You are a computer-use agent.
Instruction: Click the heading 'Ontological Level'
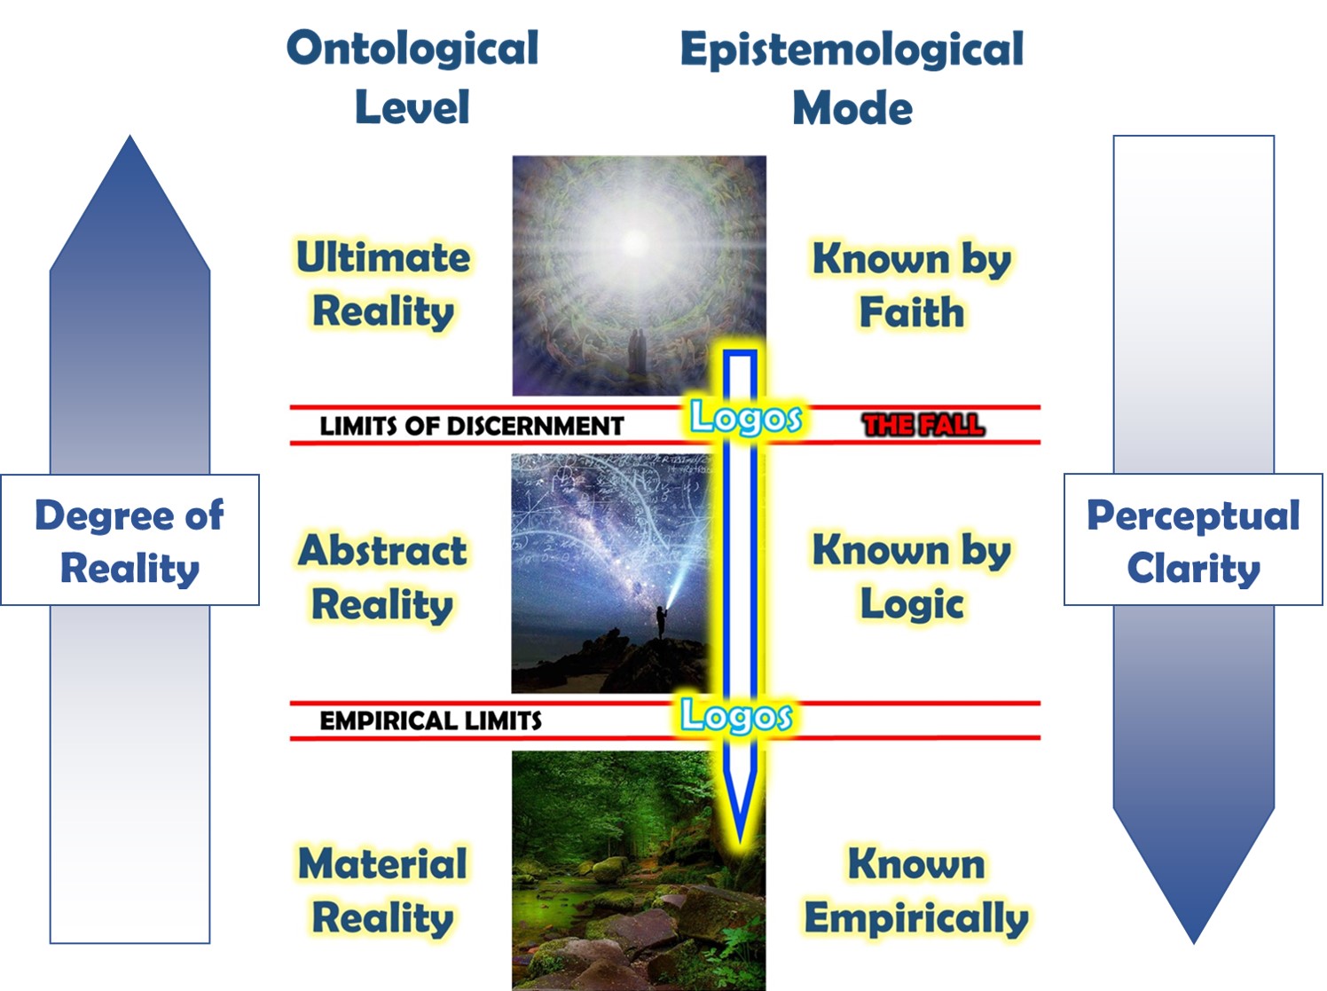tap(412, 77)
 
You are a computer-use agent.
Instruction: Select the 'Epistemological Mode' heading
tap(852, 77)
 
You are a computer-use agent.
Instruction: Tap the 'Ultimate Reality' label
tap(383, 284)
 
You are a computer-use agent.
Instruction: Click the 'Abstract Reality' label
tap(382, 577)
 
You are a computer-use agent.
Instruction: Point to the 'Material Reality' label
tap(382, 890)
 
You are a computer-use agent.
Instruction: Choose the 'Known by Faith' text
tap(912, 284)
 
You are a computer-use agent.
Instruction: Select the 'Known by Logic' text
tap(912, 577)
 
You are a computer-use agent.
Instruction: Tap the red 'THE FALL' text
tap(923, 425)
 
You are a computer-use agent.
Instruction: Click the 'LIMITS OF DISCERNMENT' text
tap(472, 426)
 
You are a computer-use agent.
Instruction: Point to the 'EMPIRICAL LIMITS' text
tap(430, 720)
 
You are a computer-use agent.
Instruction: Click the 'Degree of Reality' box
tap(130, 540)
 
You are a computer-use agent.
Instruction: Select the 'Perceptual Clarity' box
tap(1193, 540)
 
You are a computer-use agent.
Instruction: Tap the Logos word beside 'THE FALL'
tap(746, 417)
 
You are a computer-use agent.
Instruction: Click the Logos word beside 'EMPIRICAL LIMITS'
tap(736, 716)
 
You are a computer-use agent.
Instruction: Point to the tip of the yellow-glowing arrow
tap(740, 843)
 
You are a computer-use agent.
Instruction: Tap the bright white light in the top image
tap(636, 242)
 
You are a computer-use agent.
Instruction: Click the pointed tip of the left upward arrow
tap(130, 136)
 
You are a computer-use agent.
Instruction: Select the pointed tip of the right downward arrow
tap(1194, 942)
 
